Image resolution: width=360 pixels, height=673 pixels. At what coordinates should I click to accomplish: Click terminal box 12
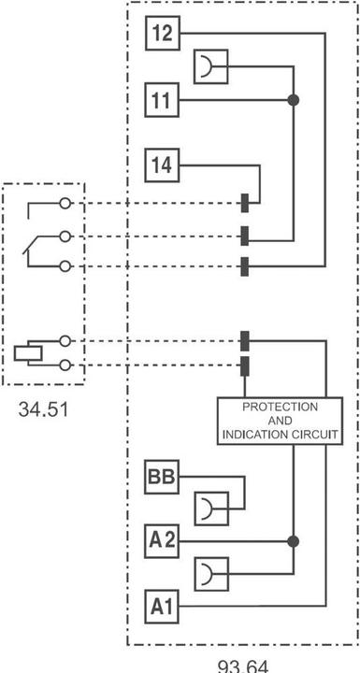pos(161,35)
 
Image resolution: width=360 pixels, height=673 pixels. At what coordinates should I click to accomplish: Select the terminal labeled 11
pos(161,99)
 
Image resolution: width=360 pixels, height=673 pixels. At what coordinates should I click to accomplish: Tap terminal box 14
pos(161,165)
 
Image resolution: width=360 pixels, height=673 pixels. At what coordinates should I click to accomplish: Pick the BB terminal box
pos(161,478)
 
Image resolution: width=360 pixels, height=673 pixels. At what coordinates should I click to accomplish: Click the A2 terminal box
pos(161,540)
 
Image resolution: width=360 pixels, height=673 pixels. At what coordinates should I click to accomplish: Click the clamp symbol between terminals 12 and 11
pos(209,67)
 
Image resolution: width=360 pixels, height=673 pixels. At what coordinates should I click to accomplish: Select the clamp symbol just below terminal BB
pos(209,509)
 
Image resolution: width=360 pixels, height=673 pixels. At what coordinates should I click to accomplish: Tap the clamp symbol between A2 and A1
pos(209,573)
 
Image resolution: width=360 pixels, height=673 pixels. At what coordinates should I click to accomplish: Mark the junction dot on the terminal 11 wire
pos(293,99)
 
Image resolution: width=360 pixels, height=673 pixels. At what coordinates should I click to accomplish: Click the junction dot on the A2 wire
pos(293,540)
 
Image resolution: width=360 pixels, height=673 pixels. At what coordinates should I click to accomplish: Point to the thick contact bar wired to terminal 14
pos(244,203)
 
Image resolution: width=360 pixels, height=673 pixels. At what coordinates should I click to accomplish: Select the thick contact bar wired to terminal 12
pos(244,266)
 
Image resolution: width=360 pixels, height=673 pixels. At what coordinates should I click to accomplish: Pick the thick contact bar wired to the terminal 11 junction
pos(244,234)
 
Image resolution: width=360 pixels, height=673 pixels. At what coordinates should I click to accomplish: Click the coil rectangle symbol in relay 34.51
pos(27,353)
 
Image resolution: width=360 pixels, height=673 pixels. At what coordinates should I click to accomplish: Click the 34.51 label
pos(44,408)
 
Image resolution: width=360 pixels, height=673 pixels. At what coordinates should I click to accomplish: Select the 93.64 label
pos(243,666)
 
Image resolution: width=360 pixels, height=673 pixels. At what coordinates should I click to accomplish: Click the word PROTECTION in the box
pos(280,408)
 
